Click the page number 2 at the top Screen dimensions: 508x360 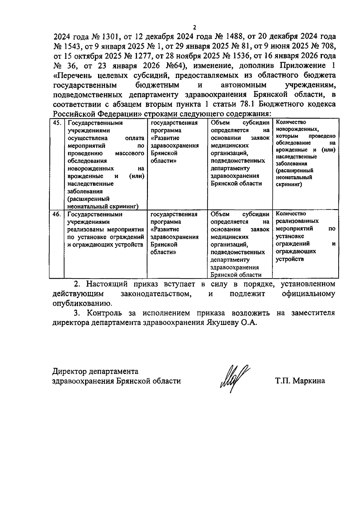point(194,28)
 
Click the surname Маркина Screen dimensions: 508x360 point(309,381)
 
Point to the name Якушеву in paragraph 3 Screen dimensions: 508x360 point(221,323)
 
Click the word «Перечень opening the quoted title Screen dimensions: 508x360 point(72,75)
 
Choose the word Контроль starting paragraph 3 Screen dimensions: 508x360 point(104,313)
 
